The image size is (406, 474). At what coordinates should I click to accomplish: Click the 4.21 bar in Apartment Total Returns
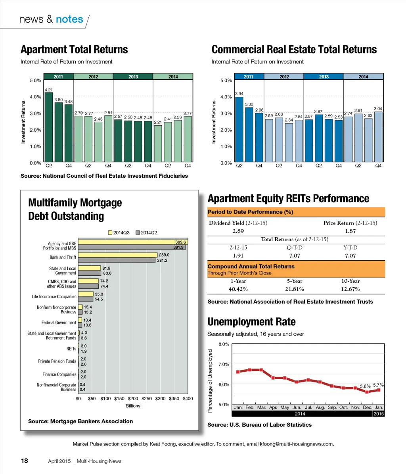point(48,127)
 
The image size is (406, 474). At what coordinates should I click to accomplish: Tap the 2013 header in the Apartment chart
point(133,77)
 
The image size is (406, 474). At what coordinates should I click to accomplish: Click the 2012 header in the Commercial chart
point(284,77)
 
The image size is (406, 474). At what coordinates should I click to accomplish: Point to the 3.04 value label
point(378,108)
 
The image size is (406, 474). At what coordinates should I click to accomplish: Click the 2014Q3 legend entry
point(119,233)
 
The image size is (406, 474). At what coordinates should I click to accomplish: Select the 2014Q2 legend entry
point(146,233)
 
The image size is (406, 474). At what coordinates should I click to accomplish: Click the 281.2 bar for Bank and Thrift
point(116,260)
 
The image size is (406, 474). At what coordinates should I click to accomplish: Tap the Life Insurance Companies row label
point(54,297)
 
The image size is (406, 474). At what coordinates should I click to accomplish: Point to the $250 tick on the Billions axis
point(146,398)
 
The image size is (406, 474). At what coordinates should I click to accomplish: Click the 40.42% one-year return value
point(238,289)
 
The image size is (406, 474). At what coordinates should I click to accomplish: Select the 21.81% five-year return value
point(295,289)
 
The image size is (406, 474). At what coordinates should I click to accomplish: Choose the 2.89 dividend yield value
point(238,231)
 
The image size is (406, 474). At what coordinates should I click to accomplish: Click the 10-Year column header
point(350,281)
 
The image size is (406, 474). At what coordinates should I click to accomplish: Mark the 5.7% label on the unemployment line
point(378,385)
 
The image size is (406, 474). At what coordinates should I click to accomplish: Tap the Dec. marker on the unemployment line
point(367,392)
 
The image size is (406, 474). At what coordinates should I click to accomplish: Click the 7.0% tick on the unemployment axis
point(224,364)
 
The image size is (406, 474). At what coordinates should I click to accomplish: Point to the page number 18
point(25,461)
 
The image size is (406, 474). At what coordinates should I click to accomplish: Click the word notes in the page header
point(69,19)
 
